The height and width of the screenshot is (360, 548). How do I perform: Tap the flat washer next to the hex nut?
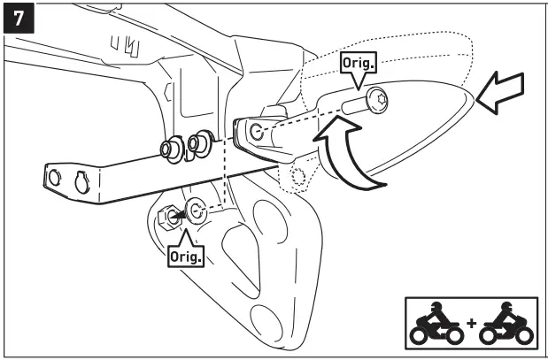(x=196, y=212)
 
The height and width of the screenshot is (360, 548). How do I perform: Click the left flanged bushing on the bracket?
(x=169, y=148)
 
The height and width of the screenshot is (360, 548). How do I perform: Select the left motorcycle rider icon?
(x=437, y=324)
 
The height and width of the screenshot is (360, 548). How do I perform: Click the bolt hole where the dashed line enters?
(x=257, y=133)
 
